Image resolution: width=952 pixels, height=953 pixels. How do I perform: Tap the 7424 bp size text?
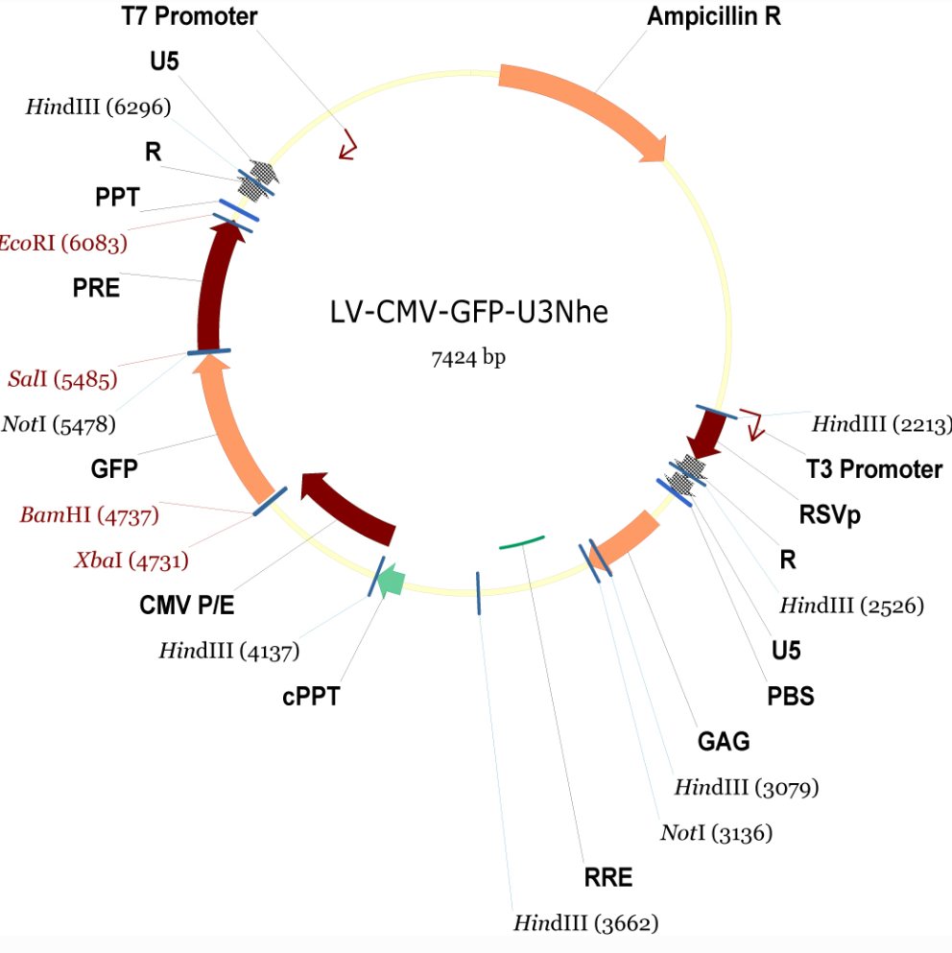pos(467,359)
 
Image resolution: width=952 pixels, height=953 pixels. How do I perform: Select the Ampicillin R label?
pos(714,16)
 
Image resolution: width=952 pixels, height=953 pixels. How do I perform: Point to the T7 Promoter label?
pos(190,16)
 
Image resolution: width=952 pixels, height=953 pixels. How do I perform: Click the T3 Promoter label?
pos(873,469)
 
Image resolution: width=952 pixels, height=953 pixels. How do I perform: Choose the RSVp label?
pos(830,515)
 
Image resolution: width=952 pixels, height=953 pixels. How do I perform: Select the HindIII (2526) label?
pos(851,606)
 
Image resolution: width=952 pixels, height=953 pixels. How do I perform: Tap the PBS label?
pos(791,696)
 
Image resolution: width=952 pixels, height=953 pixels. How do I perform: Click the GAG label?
pos(724,741)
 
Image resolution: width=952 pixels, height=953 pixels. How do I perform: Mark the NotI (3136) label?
pos(716,832)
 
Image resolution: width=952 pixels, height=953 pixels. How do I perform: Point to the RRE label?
pos(608,877)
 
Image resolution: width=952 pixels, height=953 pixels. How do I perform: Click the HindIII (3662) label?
pos(585,923)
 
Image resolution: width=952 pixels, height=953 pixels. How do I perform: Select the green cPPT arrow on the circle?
pos(390,580)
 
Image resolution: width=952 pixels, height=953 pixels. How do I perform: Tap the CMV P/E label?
pos(187,606)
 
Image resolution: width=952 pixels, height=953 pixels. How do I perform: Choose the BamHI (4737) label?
pos(89,515)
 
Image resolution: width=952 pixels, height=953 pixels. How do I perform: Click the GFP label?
pos(114,469)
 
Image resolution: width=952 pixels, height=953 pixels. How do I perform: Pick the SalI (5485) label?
pos(62,379)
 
